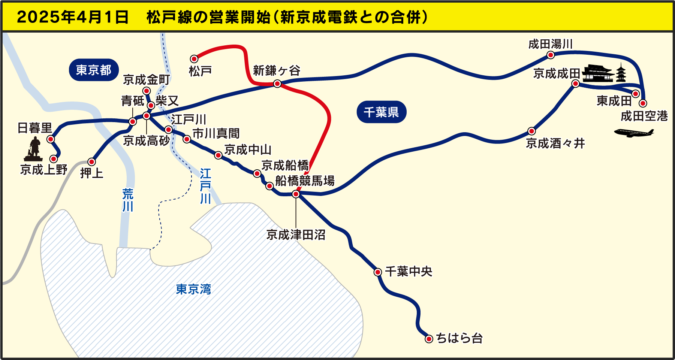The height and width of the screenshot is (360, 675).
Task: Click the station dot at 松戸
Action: coord(194,59)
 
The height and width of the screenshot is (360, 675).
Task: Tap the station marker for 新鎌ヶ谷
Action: coord(277,84)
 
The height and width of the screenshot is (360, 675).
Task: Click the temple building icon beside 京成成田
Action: coord(599,73)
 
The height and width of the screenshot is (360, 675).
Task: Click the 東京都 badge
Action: coord(94,70)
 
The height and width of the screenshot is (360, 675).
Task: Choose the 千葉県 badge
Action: coord(381,112)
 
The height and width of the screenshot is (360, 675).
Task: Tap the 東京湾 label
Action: coord(193,289)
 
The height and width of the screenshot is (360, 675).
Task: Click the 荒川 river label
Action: coord(128,200)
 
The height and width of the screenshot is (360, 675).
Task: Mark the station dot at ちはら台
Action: coord(429,339)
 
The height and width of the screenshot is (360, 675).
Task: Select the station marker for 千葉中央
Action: coord(378,272)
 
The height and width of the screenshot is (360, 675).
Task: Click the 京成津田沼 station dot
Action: coord(296,194)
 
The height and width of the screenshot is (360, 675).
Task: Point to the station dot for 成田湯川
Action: coord(550,55)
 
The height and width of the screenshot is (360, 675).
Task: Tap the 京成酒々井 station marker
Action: coord(531,131)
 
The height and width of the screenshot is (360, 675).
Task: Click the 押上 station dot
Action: coord(91,162)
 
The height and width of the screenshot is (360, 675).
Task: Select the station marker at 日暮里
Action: coord(51,139)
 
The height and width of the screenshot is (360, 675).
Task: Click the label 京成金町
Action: coord(147,79)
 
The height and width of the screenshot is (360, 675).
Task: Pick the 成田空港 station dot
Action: coord(643,103)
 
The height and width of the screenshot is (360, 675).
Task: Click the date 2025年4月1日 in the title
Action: coord(73,17)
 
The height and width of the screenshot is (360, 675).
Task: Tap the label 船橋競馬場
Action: coord(305,181)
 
